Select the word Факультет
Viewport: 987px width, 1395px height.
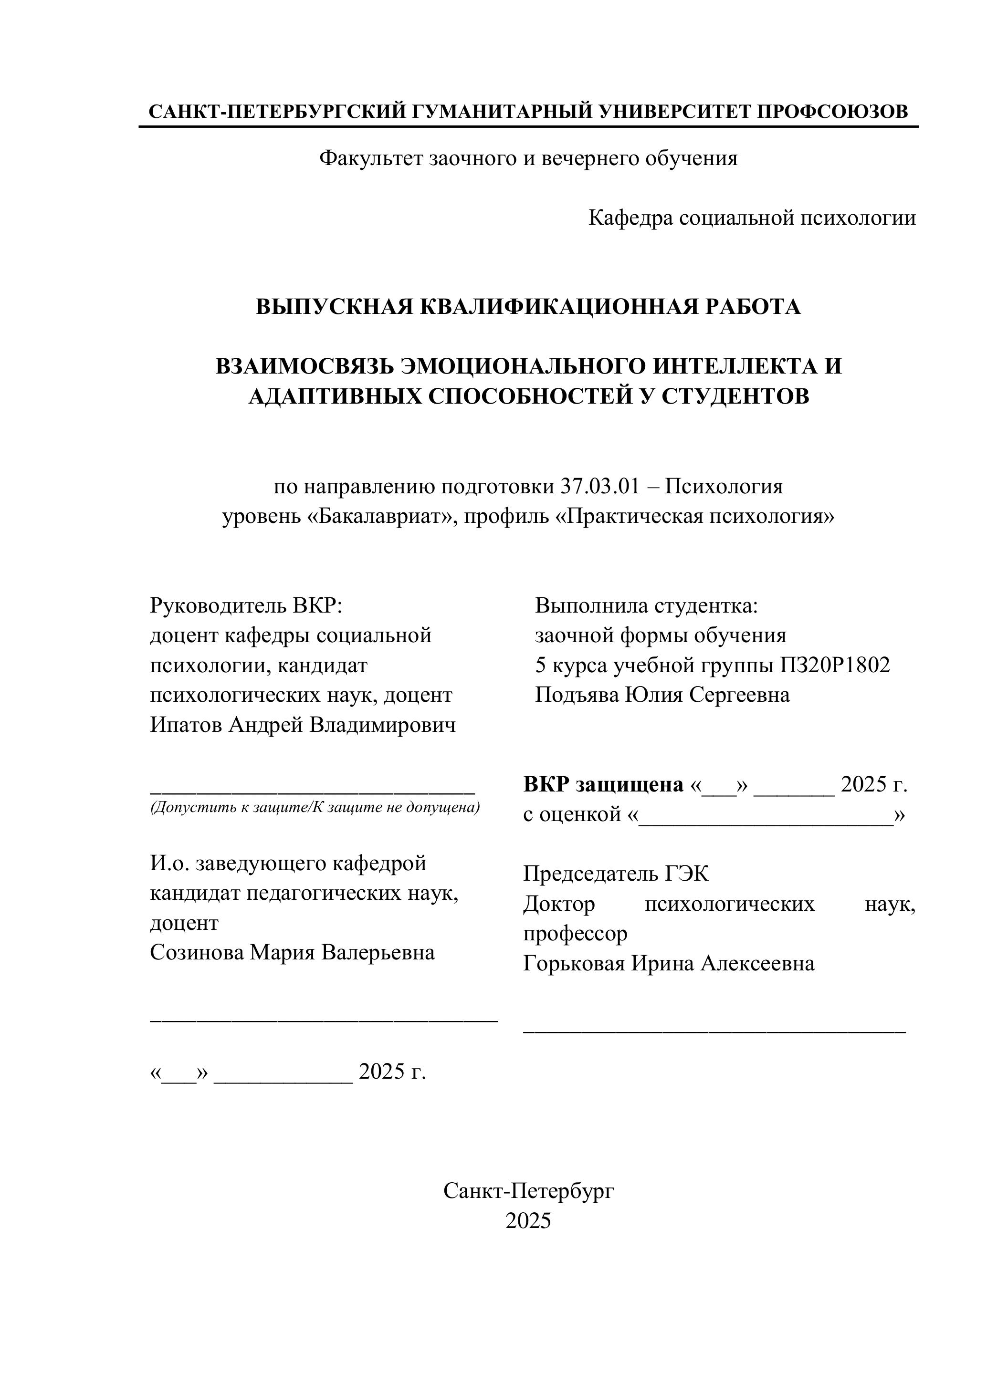[371, 158]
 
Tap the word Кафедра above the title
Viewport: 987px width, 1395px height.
[630, 218]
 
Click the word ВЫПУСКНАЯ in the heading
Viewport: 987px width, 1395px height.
[334, 307]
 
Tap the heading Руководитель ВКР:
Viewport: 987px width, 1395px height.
[247, 606]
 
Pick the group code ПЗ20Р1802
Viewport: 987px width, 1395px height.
[834, 666]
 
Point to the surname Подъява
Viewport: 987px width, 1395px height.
[577, 695]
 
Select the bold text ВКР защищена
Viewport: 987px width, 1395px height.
[603, 785]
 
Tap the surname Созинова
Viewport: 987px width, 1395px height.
[196, 952]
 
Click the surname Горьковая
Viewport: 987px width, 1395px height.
[574, 964]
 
